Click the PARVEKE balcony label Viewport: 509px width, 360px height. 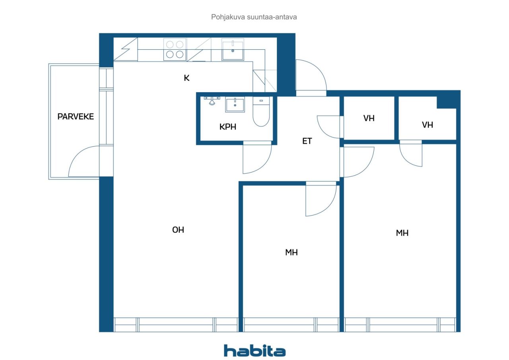(76, 117)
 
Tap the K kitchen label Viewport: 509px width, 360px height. (187, 78)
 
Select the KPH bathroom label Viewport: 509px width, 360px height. (228, 127)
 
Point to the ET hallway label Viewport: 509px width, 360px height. (307, 141)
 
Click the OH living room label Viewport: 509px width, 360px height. (178, 230)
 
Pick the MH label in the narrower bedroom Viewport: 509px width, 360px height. (291, 252)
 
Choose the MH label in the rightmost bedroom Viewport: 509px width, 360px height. (402, 233)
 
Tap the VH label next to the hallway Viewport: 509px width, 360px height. (369, 118)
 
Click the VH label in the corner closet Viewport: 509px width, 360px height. (427, 125)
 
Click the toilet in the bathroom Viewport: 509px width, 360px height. (261, 111)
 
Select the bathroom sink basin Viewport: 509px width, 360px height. (235, 105)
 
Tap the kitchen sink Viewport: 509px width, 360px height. (233, 50)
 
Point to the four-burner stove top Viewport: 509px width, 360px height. (175, 50)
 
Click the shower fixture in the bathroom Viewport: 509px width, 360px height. (212, 101)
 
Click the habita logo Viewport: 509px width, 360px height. (255, 351)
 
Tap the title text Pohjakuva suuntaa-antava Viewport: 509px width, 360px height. (254, 17)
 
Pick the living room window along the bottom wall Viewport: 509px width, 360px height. (176, 325)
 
